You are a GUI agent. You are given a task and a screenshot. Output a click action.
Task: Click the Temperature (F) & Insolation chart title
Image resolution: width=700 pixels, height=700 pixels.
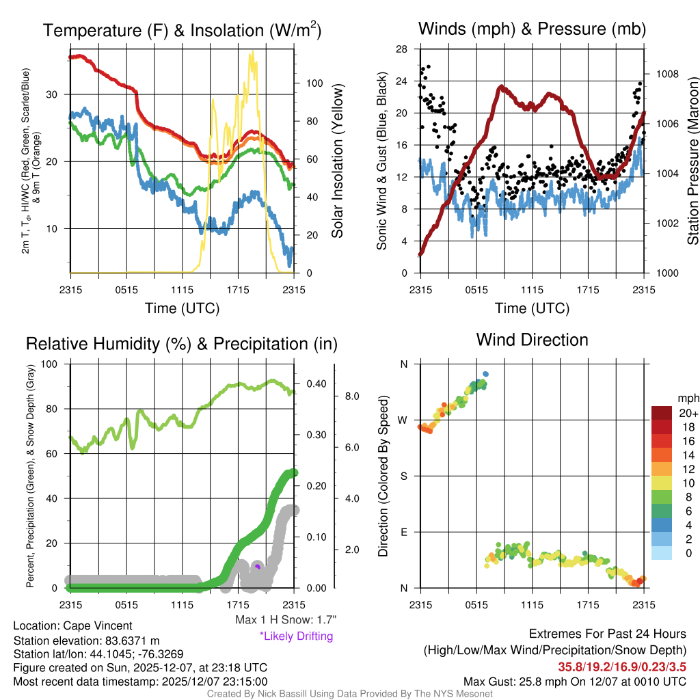[182, 31]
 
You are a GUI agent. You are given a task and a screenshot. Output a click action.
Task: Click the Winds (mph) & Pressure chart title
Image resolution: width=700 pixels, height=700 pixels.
[532, 29]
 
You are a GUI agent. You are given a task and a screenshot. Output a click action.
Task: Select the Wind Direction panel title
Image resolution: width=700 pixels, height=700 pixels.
[532, 340]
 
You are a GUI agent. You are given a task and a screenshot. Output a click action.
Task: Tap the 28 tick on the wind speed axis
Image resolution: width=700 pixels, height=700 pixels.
[402, 49]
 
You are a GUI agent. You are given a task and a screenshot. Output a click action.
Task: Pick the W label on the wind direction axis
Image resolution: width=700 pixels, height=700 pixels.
[403, 420]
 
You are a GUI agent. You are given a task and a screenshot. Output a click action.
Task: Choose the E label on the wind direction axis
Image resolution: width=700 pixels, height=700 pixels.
[403, 532]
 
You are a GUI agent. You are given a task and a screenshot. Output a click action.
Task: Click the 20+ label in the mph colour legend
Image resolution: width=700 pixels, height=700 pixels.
[687, 413]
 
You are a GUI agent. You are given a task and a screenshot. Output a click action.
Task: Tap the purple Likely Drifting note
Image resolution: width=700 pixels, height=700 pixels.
[296, 636]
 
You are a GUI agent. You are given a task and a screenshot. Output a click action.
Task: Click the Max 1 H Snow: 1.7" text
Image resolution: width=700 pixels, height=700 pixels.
[285, 619]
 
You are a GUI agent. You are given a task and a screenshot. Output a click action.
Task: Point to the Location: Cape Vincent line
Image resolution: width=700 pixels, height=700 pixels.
[72, 625]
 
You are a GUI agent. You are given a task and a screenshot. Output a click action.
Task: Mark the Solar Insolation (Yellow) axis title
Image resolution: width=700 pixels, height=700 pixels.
[337, 161]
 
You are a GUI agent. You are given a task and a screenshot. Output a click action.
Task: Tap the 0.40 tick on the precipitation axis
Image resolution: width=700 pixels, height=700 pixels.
[315, 384]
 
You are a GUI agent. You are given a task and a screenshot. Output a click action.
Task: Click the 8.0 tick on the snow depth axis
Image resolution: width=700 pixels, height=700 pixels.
[351, 396]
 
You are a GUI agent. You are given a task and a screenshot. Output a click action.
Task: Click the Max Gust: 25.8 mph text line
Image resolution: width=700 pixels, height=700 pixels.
[574, 681]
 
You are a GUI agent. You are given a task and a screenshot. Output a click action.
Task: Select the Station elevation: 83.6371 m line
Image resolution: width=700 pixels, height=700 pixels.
[86, 640]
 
